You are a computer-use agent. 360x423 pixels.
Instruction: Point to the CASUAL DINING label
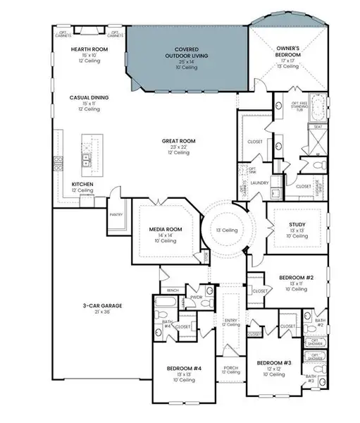click(88, 98)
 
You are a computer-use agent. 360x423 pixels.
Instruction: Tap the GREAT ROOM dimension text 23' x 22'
click(178, 147)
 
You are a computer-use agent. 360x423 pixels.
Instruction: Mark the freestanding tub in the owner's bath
click(318, 111)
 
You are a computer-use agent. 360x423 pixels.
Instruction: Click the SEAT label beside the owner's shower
click(318, 127)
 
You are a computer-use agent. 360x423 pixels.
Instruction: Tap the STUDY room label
click(296, 224)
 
